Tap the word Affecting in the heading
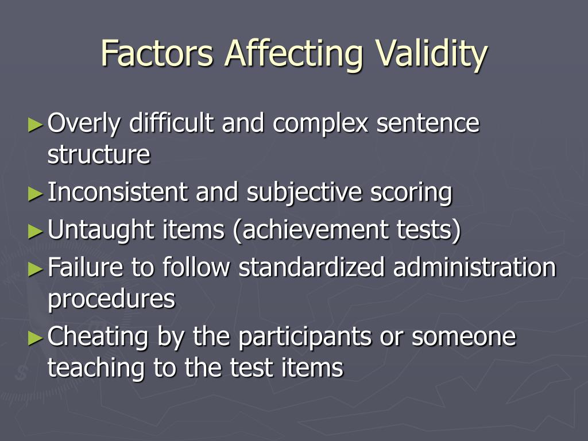[293, 53]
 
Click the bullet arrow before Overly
[36, 124]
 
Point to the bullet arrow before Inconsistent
[36, 194]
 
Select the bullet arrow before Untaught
[36, 231]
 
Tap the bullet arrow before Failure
[36, 268]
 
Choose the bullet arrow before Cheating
[36, 338]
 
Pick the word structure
[99, 155]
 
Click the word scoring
[411, 193]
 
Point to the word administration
[475, 268]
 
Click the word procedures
[111, 299]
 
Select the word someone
[464, 337]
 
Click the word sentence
[428, 123]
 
